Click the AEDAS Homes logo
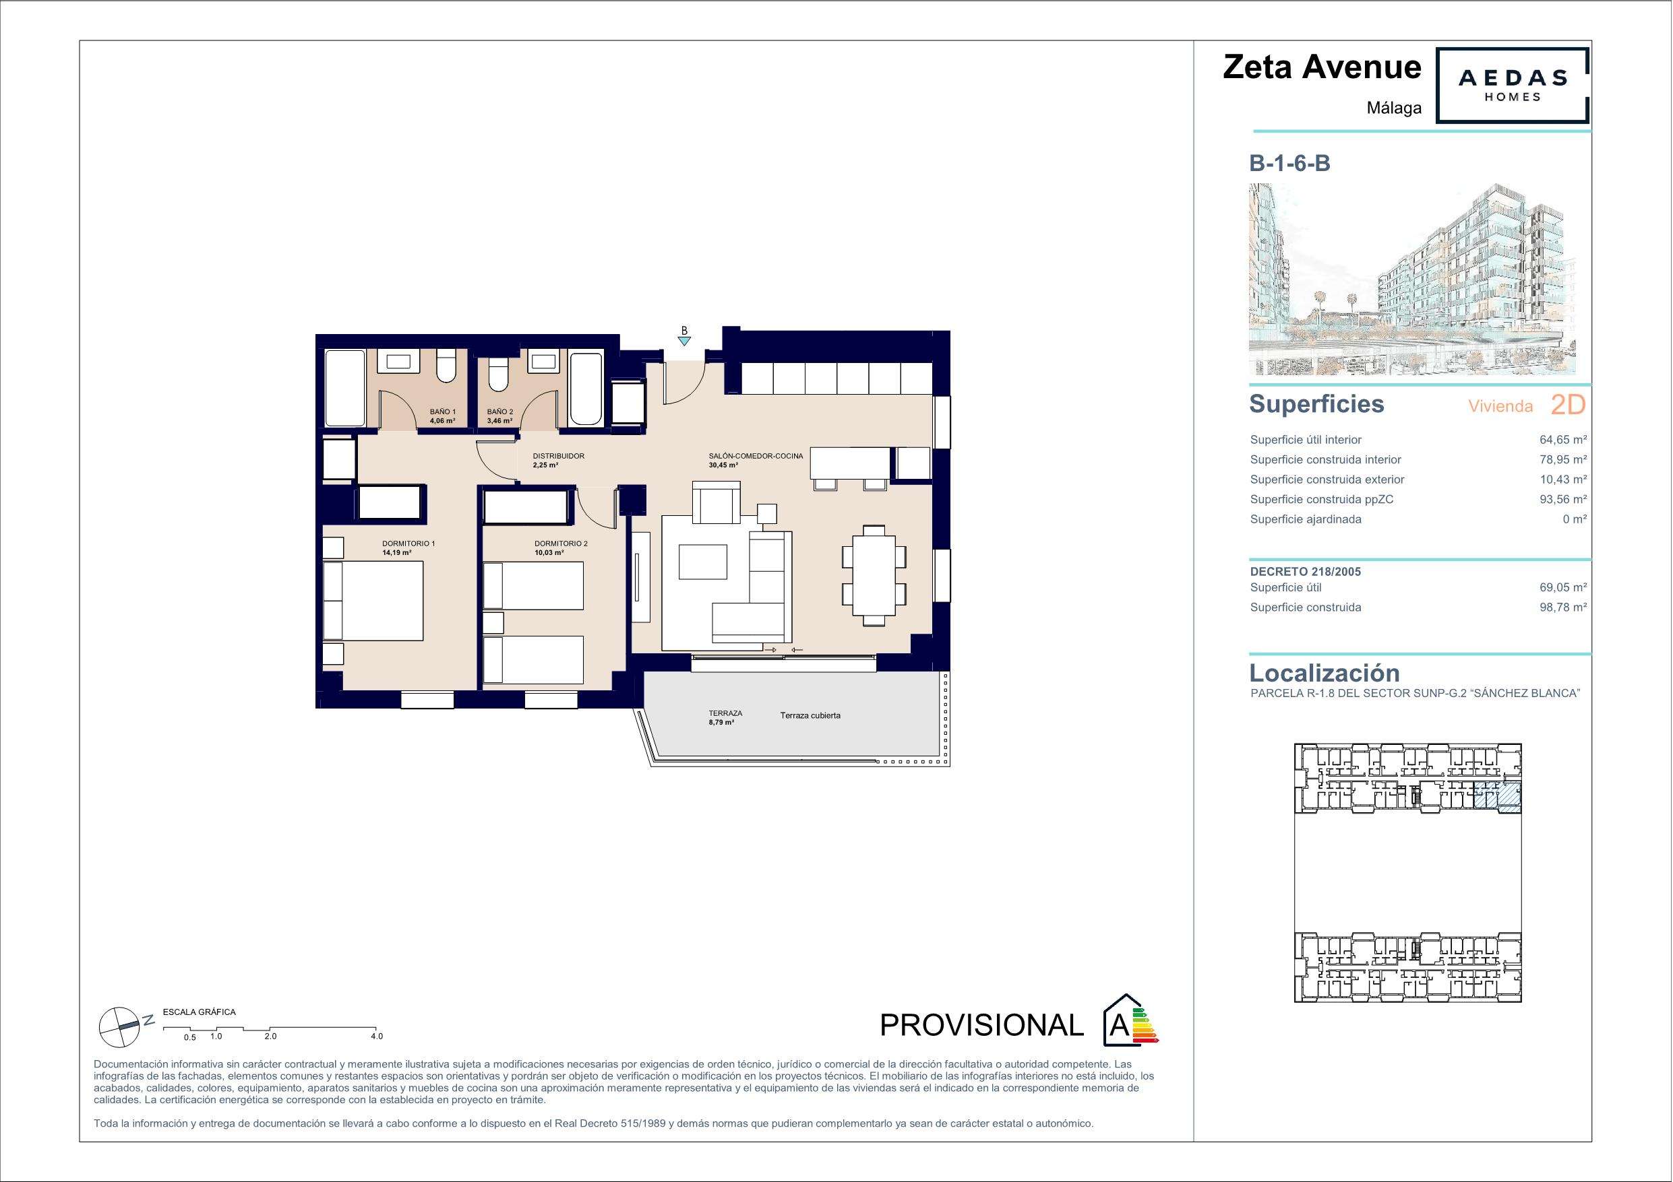tap(1512, 86)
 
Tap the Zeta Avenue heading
tap(1322, 67)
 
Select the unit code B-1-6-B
tap(1289, 163)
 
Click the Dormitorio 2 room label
tap(561, 544)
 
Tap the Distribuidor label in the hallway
tap(559, 456)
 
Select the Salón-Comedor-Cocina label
tap(756, 456)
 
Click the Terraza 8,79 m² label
tap(725, 718)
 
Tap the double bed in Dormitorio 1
tap(373, 601)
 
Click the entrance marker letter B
tap(683, 331)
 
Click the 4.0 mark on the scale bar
tap(376, 1037)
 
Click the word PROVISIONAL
tap(981, 1026)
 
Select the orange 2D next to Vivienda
tap(1568, 405)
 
